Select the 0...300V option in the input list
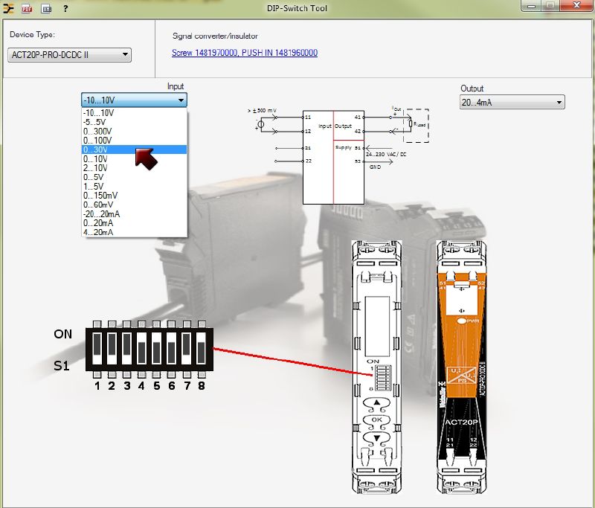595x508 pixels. tap(97, 131)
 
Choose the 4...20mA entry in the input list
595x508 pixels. tap(98, 232)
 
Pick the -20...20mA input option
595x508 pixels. tap(102, 213)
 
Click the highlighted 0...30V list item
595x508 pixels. tap(96, 149)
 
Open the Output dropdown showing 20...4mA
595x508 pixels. tap(512, 103)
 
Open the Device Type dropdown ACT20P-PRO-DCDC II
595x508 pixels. tap(70, 54)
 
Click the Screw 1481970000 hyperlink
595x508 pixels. tap(204, 53)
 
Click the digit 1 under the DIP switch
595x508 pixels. tap(97, 386)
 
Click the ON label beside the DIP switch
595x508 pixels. tap(63, 334)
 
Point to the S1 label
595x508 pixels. tap(62, 366)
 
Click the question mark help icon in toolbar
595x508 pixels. tap(65, 9)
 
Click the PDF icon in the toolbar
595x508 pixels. tap(27, 9)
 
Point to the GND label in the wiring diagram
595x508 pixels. tap(375, 167)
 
